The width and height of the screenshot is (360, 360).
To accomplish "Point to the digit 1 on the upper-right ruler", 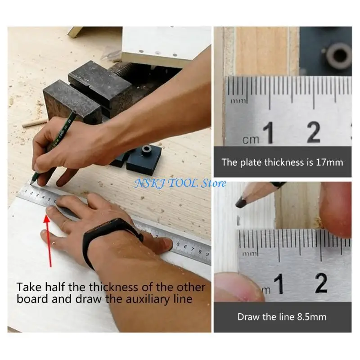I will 269,133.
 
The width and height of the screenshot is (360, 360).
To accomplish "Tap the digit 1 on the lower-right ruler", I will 279,284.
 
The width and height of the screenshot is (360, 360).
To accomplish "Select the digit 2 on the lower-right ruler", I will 321,283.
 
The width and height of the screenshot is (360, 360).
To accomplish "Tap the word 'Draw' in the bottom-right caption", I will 248,317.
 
